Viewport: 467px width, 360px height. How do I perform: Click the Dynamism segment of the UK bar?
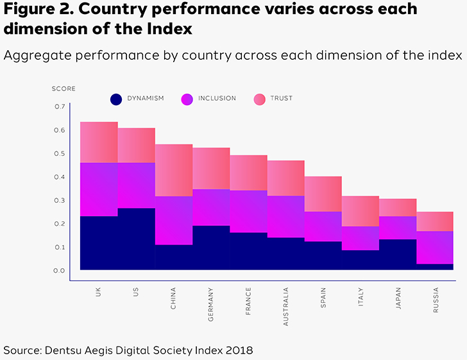click(x=99, y=243)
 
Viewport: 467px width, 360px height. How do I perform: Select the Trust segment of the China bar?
click(x=174, y=170)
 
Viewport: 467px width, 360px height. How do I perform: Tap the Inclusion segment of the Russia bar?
click(x=434, y=247)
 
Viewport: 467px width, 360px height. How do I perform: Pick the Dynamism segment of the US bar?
click(x=136, y=239)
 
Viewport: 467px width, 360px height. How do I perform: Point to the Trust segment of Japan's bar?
click(x=397, y=207)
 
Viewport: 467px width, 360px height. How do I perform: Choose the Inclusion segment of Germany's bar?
click(x=211, y=207)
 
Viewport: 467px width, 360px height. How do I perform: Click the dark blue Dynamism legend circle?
click(x=116, y=99)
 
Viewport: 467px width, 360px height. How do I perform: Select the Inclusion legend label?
click(x=217, y=99)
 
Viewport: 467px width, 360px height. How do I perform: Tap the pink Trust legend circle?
click(x=259, y=99)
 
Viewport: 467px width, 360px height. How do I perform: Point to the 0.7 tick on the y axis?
click(x=59, y=107)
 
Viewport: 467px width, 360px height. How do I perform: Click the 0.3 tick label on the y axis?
click(x=59, y=200)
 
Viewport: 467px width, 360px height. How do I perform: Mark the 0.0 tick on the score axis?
click(x=59, y=271)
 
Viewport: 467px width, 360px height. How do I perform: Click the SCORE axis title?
click(x=63, y=89)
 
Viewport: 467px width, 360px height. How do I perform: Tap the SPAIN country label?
click(x=323, y=300)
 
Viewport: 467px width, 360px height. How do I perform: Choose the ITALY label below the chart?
click(x=361, y=299)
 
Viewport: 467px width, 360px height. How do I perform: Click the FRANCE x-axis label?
click(x=248, y=302)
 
